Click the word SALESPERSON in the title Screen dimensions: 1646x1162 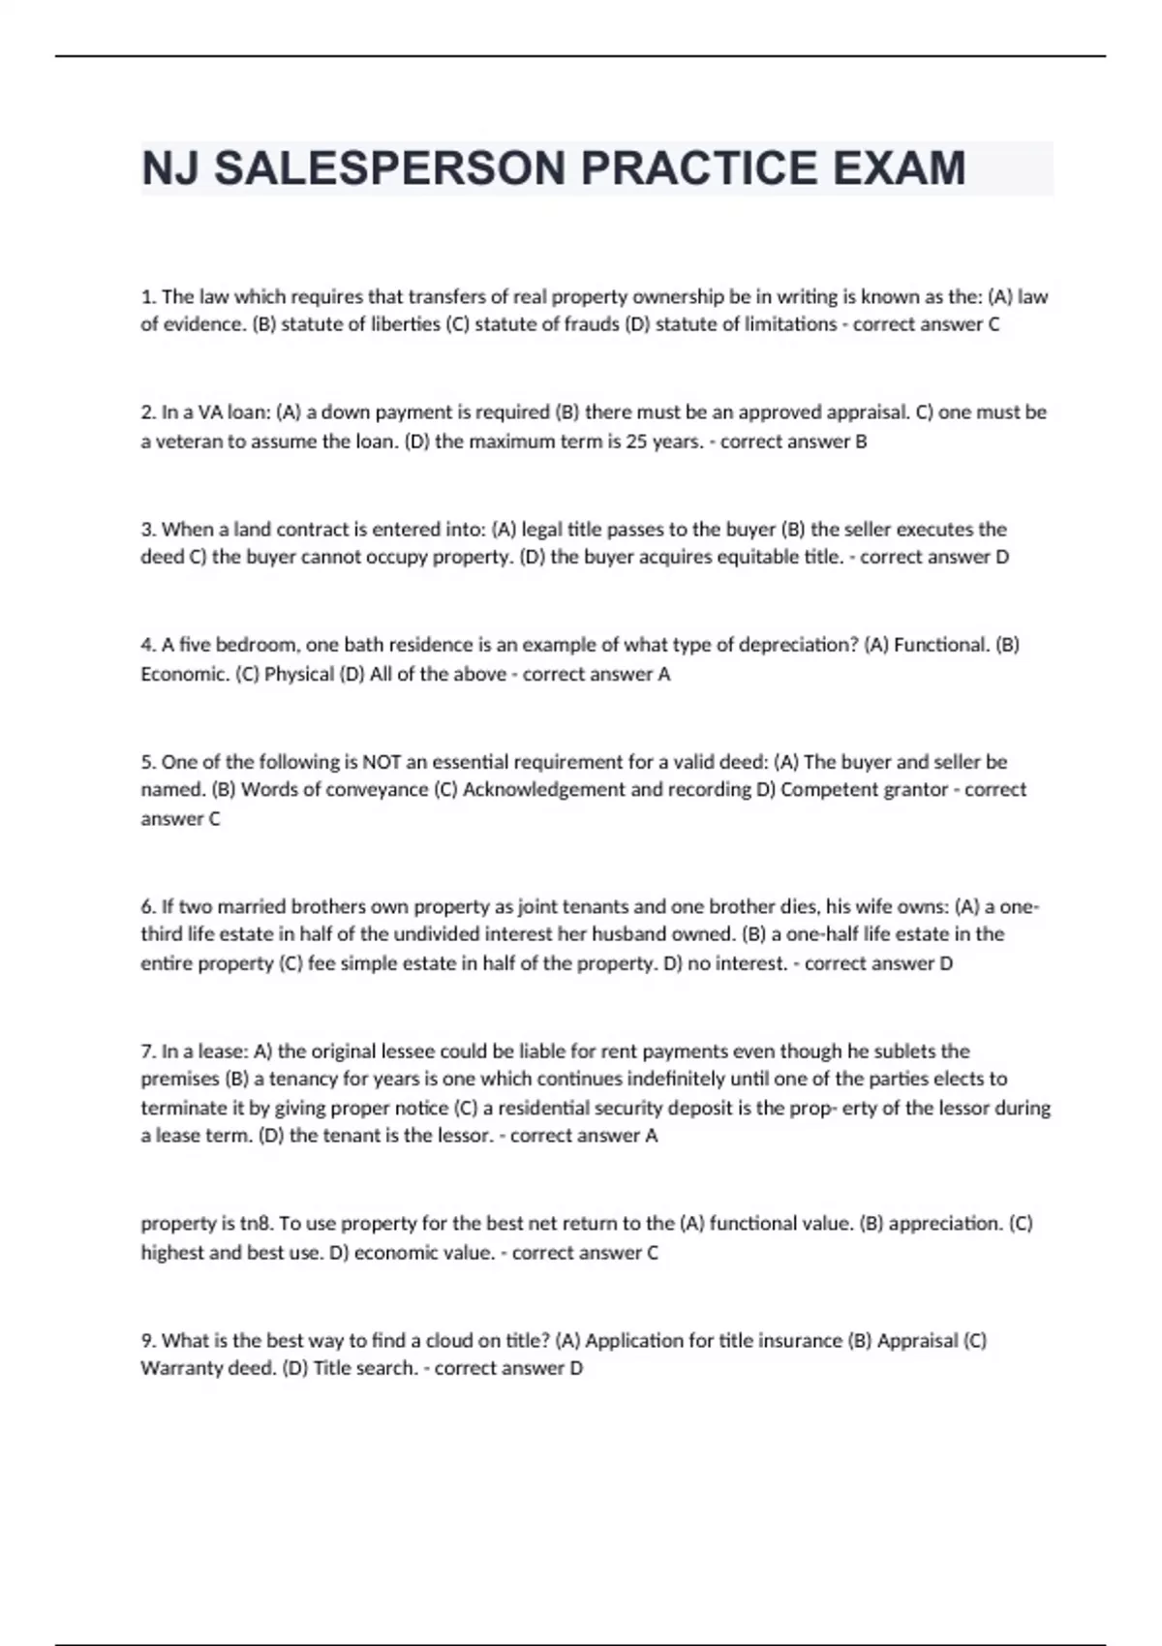(x=387, y=168)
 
